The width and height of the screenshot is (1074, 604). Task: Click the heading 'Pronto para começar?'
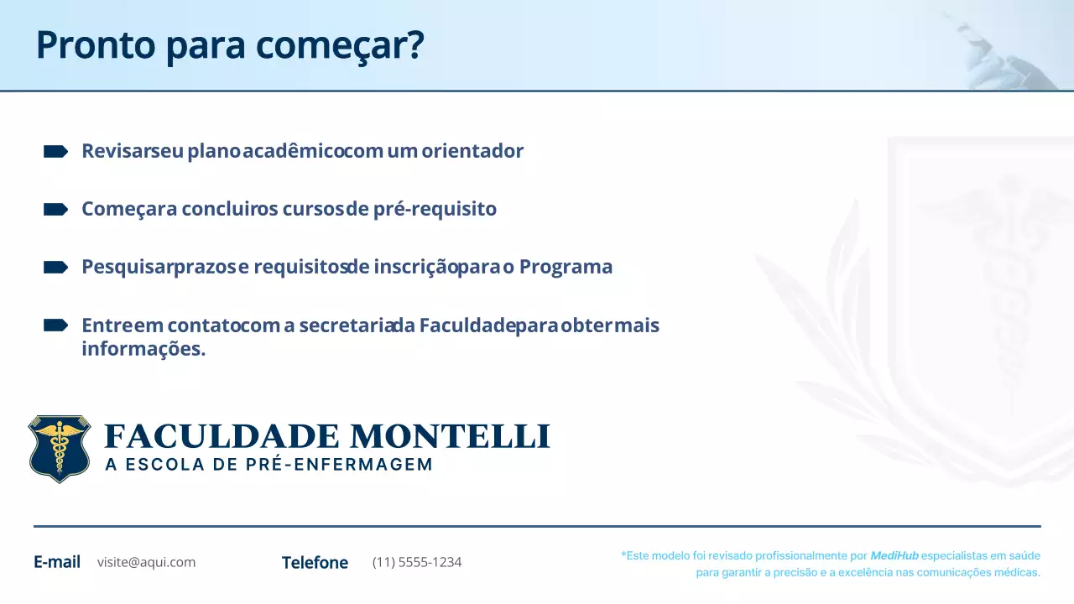point(229,45)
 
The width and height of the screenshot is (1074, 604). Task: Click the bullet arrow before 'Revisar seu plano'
point(55,151)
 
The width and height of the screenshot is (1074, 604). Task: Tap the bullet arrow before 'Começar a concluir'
point(55,209)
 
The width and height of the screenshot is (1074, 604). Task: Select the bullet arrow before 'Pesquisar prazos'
point(55,267)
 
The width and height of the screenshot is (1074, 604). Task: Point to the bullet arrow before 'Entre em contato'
point(55,325)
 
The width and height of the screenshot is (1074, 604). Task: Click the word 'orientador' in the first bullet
point(472,151)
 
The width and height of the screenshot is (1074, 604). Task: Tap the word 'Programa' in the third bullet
point(566,267)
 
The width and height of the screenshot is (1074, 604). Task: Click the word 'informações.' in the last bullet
point(143,348)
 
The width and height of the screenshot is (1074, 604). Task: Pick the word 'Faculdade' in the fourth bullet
point(467,325)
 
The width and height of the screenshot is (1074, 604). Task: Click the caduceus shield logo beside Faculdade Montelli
point(59,449)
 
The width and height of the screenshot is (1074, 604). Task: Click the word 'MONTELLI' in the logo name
point(450,437)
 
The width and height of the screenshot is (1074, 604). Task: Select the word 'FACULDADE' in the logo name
point(222,437)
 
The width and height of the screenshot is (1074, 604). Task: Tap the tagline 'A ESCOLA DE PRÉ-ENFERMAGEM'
point(268,465)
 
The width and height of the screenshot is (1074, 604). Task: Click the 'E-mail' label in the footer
point(57,562)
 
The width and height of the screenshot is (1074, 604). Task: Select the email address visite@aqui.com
point(146,562)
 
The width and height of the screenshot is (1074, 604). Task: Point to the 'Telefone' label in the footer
point(315,563)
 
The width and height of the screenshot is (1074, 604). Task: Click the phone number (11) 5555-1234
point(417,562)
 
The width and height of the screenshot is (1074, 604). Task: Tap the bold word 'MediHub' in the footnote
point(894,555)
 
